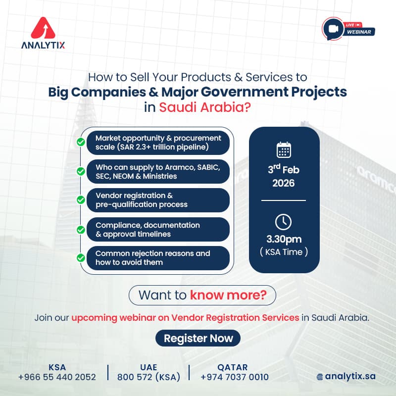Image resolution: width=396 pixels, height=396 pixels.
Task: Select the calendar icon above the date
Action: (x=284, y=149)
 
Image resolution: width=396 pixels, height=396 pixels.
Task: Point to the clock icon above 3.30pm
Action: (x=284, y=222)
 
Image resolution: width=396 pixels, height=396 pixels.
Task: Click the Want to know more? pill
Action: (x=202, y=296)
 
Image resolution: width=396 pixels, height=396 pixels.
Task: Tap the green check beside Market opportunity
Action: (x=80, y=143)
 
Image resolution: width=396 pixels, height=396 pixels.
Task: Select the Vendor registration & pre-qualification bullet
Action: (x=158, y=200)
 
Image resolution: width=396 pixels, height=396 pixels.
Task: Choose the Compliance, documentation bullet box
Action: (x=158, y=229)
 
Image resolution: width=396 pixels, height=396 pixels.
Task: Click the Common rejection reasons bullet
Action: (x=158, y=258)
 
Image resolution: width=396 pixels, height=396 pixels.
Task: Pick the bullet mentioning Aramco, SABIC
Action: (x=158, y=171)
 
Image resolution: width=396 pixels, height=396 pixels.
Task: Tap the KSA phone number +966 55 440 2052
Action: (x=57, y=377)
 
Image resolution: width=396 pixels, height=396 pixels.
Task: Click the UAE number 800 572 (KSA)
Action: (x=148, y=377)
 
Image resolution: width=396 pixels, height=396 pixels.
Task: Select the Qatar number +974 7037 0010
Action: (x=235, y=377)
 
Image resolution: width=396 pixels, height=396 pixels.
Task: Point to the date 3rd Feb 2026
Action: (x=284, y=176)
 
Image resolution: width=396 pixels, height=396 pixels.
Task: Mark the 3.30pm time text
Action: (x=284, y=240)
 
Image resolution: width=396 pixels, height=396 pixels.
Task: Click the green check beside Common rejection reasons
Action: (x=80, y=258)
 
